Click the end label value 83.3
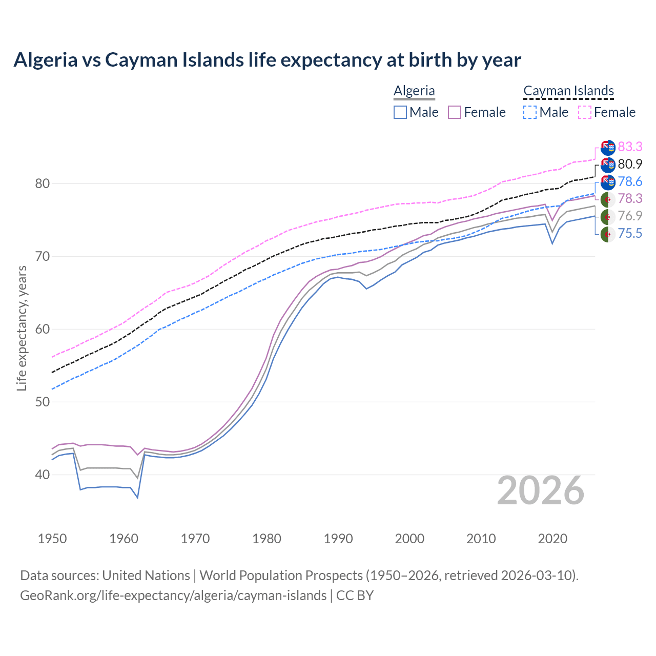coord(630,147)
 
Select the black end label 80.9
coord(630,165)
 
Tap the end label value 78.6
coord(630,182)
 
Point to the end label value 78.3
coord(630,199)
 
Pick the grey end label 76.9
coord(630,216)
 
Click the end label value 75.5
coord(630,234)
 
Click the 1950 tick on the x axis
coord(53,539)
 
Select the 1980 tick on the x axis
coord(266,539)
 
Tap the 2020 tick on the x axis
coord(552,539)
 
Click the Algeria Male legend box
coord(400,112)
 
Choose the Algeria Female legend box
coord(455,112)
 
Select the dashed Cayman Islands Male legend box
coord(530,112)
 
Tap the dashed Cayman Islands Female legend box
coord(585,112)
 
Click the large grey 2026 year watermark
coord(541,491)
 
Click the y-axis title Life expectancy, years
coord(22,328)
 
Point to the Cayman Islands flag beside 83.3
coord(608,148)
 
